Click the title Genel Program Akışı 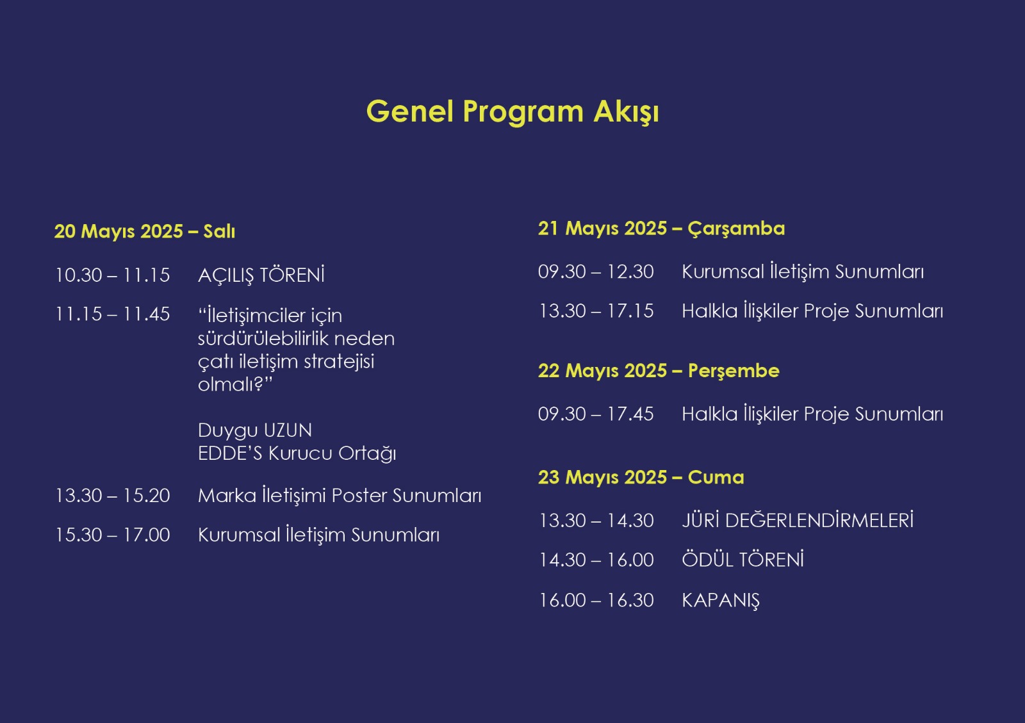512,111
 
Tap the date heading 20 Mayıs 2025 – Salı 145,231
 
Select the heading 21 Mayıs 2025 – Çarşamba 661,229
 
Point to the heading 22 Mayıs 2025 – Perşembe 659,371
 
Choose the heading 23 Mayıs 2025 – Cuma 641,478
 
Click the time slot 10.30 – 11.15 113,275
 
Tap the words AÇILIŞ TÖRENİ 261,275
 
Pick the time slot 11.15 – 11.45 113,314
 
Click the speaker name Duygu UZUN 255,430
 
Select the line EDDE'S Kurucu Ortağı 297,453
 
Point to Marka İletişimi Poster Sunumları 340,496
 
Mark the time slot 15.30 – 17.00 113,535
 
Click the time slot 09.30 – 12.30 596,272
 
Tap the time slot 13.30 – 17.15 596,311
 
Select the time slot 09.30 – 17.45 596,414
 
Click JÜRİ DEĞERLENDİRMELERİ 798,521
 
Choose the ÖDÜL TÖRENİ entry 742,560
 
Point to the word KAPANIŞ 721,601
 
